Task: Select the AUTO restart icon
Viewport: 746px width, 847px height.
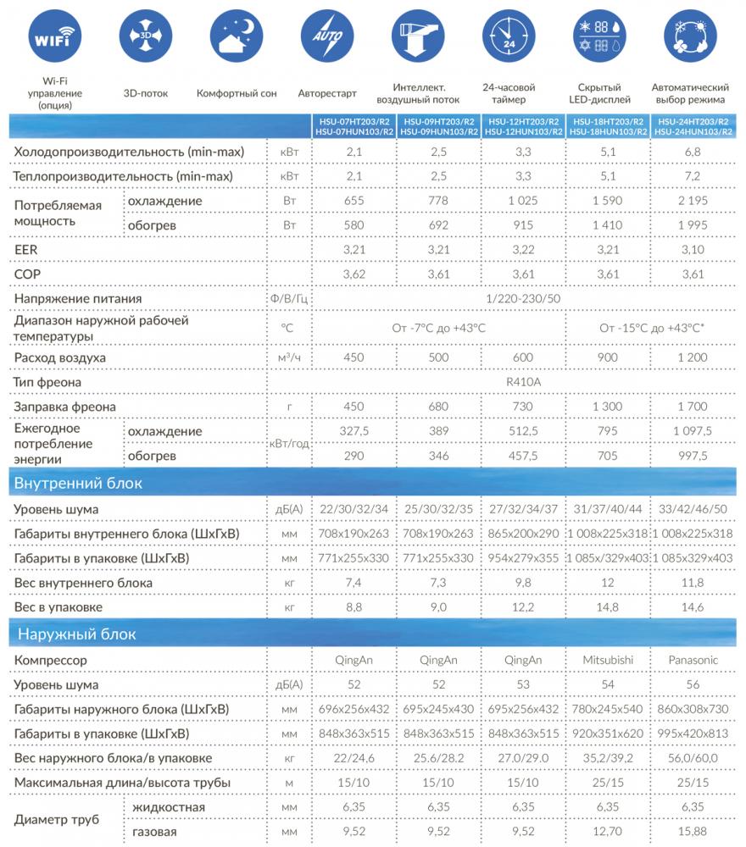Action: [x=327, y=38]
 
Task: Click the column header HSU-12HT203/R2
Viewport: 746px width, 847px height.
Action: [x=523, y=122]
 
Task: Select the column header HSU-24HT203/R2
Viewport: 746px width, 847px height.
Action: [x=693, y=122]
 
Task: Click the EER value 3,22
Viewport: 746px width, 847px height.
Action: [x=523, y=252]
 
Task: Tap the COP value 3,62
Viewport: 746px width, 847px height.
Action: [x=354, y=275]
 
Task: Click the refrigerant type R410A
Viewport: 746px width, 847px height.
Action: [x=523, y=383]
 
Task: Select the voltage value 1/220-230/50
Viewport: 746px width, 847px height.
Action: [x=523, y=299]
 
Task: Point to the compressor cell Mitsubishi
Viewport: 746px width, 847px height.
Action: [x=608, y=660]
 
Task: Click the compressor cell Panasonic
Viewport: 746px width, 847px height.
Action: [x=693, y=660]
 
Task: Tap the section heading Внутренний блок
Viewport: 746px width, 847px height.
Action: [x=78, y=484]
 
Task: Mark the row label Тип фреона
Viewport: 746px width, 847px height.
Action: [x=47, y=383]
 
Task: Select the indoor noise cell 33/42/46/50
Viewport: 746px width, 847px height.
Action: [x=693, y=509]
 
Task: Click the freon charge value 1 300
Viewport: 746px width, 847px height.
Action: [x=608, y=407]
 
